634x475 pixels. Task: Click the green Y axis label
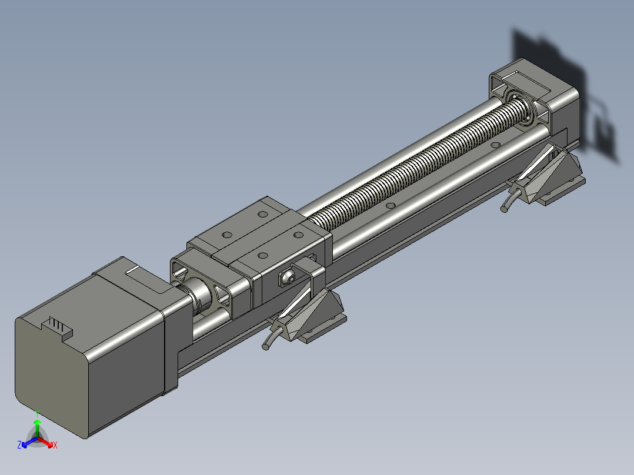click(x=37, y=413)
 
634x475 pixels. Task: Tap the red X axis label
click(x=55, y=445)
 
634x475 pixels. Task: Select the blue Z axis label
click(x=19, y=444)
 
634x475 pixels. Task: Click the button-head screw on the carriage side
click(x=288, y=277)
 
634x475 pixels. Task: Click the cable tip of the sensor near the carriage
click(x=266, y=346)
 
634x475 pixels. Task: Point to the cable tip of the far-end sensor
click(x=504, y=209)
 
